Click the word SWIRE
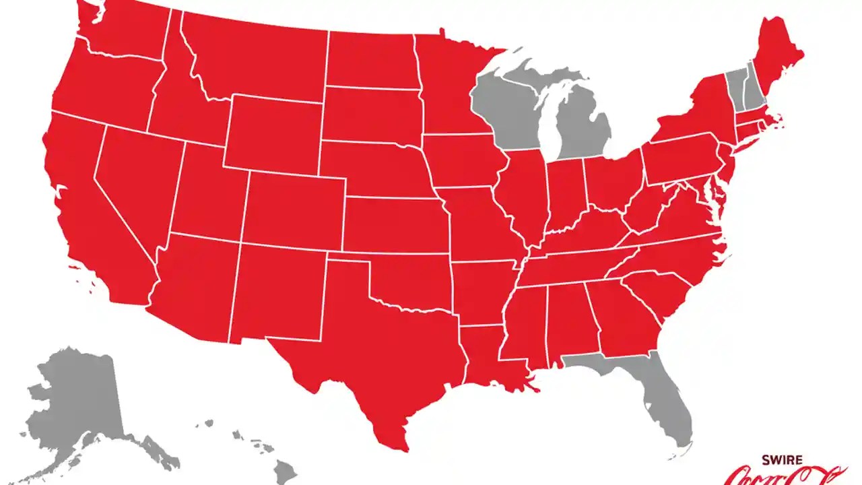coord(781,460)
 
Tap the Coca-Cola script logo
coord(785,477)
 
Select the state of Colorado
coord(293,209)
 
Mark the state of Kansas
coord(394,226)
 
